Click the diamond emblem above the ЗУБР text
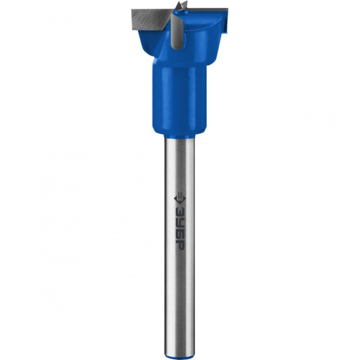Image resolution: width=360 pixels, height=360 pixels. (x=179, y=199)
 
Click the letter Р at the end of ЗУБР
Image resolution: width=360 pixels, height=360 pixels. (x=179, y=245)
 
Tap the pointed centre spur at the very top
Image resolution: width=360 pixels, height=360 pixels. (x=181, y=5)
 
